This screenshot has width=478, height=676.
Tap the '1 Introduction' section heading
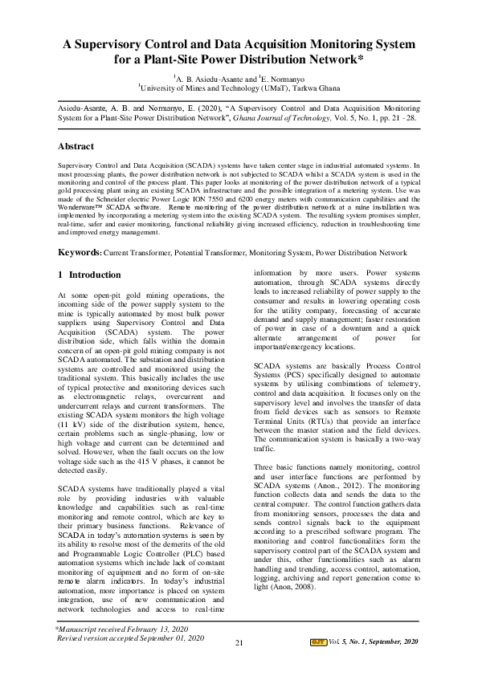[x=89, y=275]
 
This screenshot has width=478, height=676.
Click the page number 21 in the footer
[x=239, y=643]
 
